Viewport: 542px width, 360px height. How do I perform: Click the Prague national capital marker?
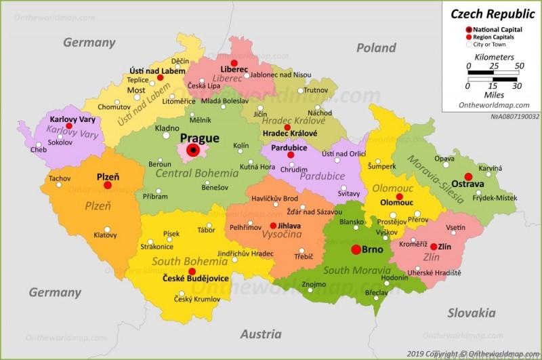click(x=194, y=151)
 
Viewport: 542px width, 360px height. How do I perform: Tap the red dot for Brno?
click(x=356, y=249)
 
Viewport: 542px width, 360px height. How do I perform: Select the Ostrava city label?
click(x=467, y=184)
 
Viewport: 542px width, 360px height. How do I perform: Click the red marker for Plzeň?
click(x=107, y=184)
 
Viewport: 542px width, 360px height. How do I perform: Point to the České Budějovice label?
click(x=196, y=279)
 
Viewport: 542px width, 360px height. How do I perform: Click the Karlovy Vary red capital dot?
click(x=68, y=126)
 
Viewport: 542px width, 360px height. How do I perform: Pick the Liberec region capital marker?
click(x=234, y=62)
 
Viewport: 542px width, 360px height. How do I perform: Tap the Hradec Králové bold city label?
click(x=286, y=134)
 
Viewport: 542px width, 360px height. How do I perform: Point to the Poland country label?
click(x=376, y=47)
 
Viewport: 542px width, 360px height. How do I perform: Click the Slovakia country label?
click(x=471, y=313)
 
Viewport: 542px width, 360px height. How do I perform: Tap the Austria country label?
click(x=261, y=334)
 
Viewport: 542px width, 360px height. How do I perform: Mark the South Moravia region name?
click(x=357, y=271)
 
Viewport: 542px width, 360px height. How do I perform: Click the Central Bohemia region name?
click(x=197, y=173)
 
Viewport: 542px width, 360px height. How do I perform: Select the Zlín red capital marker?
click(x=434, y=247)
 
